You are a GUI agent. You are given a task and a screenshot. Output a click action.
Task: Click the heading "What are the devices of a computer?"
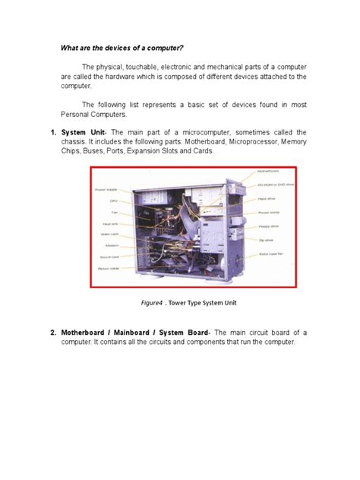click(x=131, y=48)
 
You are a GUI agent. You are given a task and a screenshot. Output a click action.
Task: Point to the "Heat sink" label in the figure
click(x=110, y=224)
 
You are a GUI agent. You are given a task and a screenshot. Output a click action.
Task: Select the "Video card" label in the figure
click(x=109, y=235)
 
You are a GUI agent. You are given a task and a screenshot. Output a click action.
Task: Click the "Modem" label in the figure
click(x=112, y=245)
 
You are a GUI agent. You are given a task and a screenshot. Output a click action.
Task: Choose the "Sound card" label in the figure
click(x=109, y=256)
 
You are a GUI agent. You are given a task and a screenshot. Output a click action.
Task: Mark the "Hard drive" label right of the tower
click(x=267, y=199)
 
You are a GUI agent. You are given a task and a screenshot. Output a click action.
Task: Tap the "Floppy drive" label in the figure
click(x=268, y=226)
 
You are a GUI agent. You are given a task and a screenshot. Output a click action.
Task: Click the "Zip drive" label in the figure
click(x=265, y=239)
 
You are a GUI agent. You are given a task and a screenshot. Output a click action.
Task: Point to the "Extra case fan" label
click(x=270, y=253)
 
